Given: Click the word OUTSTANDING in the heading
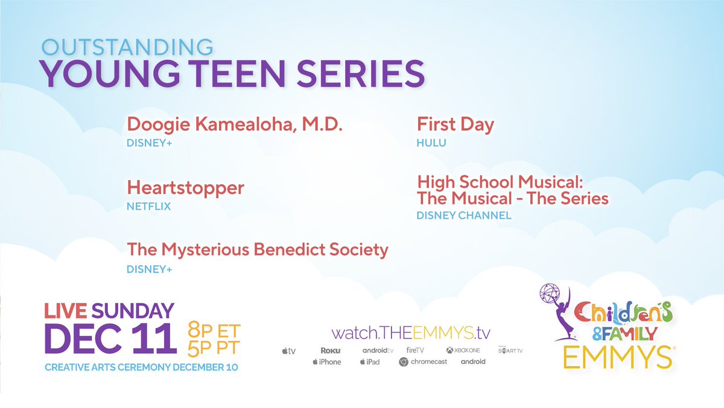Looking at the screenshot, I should tap(127, 47).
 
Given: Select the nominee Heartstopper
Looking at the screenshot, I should tap(185, 187).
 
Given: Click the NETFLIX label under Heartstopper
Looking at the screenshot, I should tap(148, 206).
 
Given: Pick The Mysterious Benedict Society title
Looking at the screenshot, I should tap(257, 249).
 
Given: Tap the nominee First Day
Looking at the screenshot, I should tap(455, 125).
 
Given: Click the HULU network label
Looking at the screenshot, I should tap(431, 143).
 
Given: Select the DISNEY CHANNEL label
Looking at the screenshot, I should tap(463, 215).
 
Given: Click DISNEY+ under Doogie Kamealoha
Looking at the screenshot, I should tap(149, 143).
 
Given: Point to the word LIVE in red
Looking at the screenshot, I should tap(66, 311).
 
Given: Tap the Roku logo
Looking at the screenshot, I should tap(331, 351).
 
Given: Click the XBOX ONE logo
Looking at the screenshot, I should tap(463, 351).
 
